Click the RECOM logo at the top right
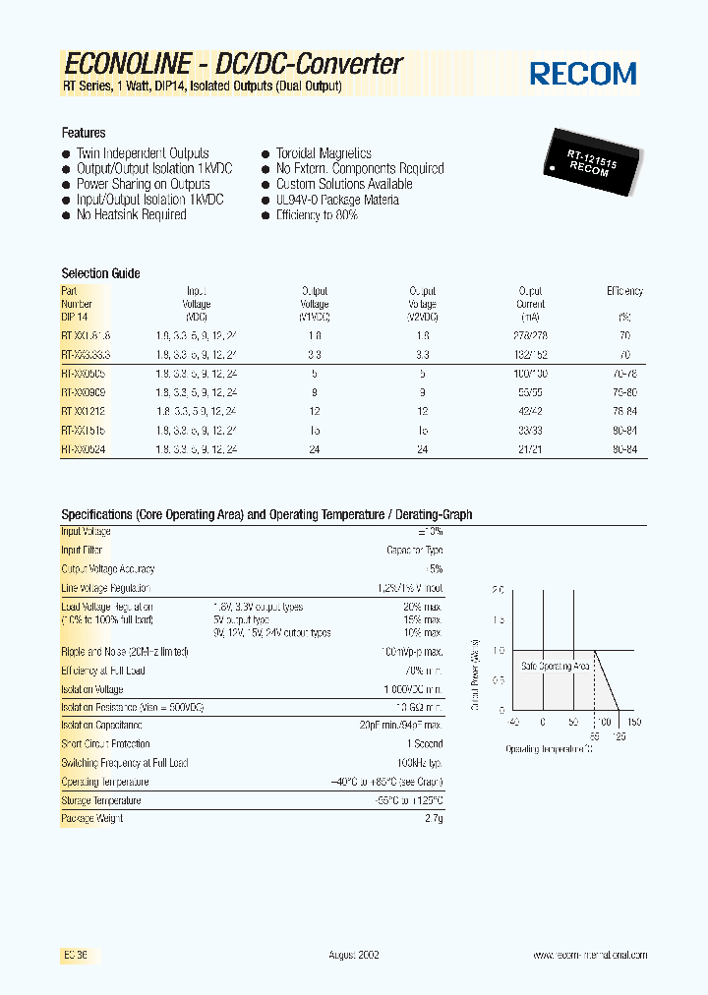coord(583,73)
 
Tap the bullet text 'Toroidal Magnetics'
coord(324,153)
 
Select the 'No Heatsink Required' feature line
coord(131,214)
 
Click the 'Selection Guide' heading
coord(100,273)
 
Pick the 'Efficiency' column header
coord(624,291)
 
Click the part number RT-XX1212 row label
coord(85,410)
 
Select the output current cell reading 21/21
coord(530,448)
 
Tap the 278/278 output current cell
coord(530,335)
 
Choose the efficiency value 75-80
coord(624,391)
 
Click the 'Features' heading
coord(84,133)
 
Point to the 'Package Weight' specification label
coord(93,818)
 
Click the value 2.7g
coord(434,818)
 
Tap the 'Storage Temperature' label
coord(100,800)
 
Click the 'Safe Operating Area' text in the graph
coord(555,666)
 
